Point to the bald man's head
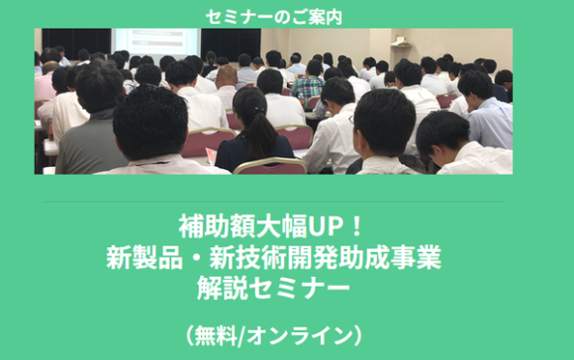[227, 75]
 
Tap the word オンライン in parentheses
[313, 334]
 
